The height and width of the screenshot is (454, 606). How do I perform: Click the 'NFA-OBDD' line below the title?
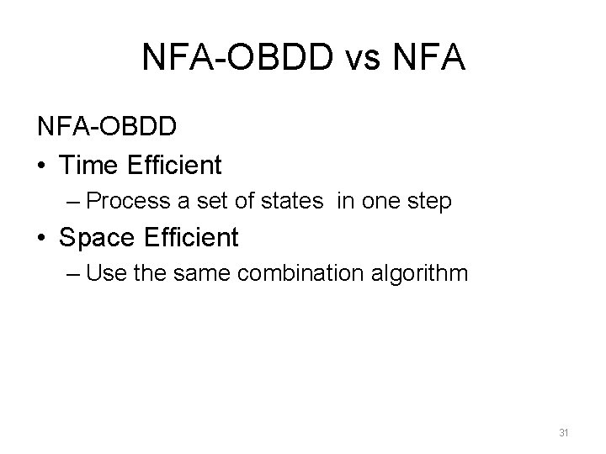click(x=106, y=127)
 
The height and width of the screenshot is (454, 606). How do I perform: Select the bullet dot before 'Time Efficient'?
click(x=42, y=166)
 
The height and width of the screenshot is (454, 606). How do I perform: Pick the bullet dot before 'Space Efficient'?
click(x=42, y=238)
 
